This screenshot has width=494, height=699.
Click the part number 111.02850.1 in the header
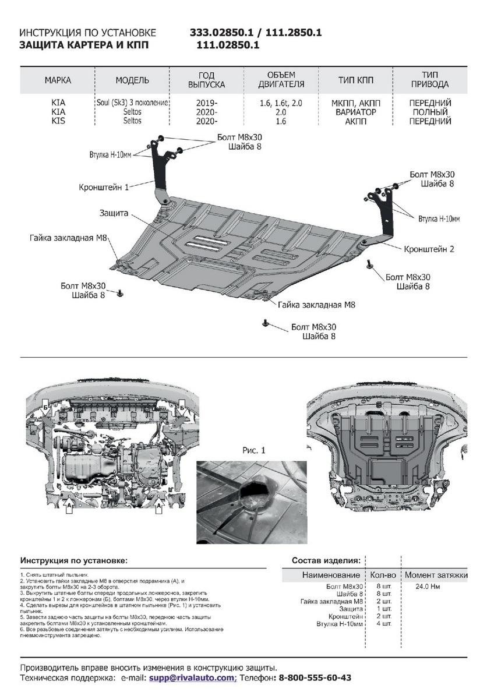click(228, 45)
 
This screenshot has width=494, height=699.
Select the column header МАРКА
click(58, 80)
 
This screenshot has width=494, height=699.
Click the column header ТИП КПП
click(356, 80)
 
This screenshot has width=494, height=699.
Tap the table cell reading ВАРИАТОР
click(356, 112)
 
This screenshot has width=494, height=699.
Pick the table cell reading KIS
click(58, 121)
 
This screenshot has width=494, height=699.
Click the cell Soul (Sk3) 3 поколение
click(132, 103)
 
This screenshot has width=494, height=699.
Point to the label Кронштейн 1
click(104, 187)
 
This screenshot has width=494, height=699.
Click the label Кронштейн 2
click(429, 249)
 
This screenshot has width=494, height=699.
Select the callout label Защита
click(114, 214)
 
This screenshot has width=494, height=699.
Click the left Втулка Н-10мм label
click(111, 156)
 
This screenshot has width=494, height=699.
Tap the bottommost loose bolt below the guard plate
click(266, 322)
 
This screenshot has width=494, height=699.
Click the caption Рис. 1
click(253, 450)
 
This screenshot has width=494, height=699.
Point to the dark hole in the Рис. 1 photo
click(255, 496)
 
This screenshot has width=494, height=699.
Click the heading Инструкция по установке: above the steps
click(73, 560)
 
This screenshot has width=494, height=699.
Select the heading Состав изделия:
click(326, 560)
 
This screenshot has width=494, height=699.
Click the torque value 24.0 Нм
click(428, 587)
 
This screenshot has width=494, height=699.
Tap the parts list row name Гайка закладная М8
click(332, 601)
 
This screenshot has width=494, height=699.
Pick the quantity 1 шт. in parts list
click(384, 609)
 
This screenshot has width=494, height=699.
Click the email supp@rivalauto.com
click(192, 678)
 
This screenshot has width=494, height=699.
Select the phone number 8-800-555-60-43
click(315, 678)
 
